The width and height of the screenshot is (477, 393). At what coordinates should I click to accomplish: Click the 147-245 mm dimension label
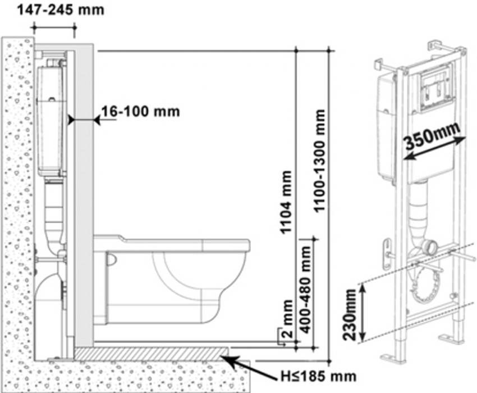(x=61, y=10)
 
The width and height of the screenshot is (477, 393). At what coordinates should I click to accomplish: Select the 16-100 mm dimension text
(x=140, y=111)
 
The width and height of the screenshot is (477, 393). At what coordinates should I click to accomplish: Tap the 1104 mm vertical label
(x=286, y=202)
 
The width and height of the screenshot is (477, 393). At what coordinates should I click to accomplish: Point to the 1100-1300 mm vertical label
(x=320, y=161)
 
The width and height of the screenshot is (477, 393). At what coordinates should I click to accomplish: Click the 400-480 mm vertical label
(x=305, y=289)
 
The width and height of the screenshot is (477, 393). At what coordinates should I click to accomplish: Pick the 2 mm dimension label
(x=287, y=319)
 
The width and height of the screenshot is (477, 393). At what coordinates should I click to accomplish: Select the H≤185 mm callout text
(x=318, y=377)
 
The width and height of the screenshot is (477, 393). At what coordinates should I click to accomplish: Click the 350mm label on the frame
(x=432, y=135)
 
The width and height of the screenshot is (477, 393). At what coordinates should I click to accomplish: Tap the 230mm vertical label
(x=349, y=315)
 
